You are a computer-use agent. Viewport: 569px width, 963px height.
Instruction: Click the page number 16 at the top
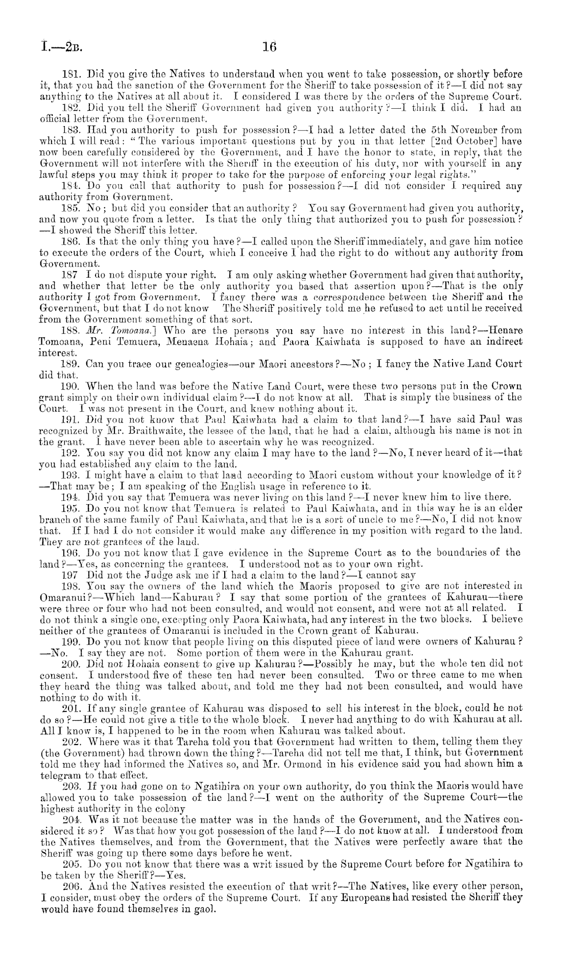click(269, 47)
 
